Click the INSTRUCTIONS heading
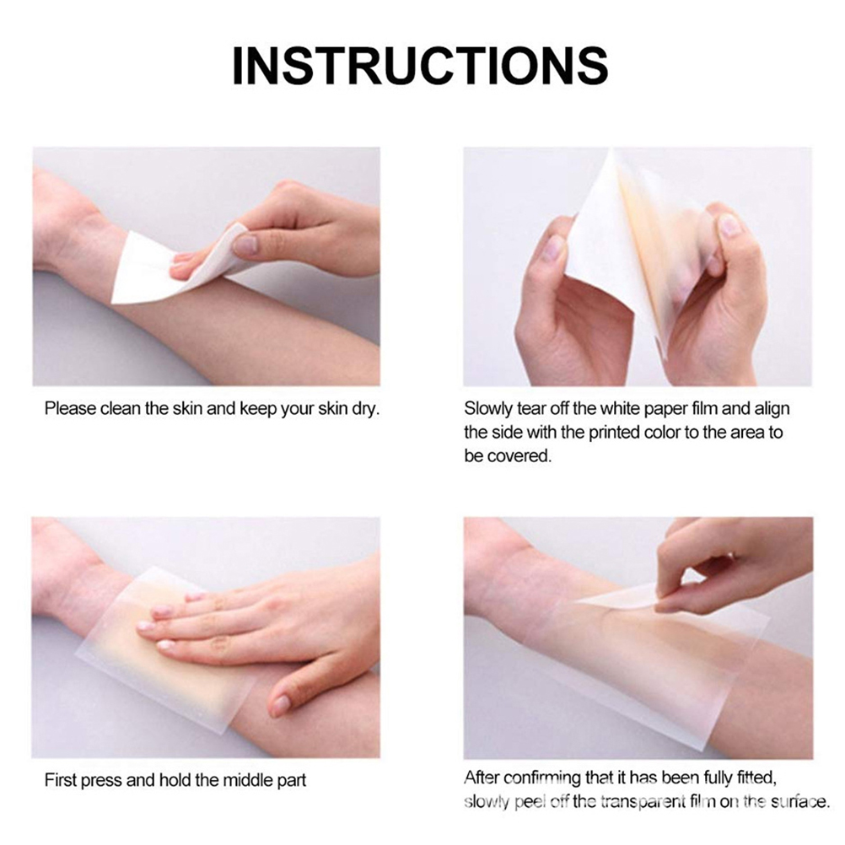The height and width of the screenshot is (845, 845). click(420, 66)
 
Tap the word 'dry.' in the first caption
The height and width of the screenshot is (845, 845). click(366, 410)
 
